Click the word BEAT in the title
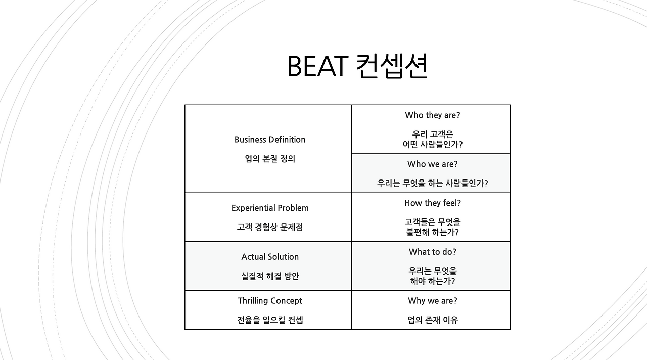(x=317, y=66)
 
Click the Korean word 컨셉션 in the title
(x=392, y=66)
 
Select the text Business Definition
(x=270, y=140)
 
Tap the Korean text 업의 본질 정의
(x=270, y=159)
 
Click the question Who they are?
(x=433, y=115)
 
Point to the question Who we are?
(x=433, y=164)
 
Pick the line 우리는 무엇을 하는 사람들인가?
(x=433, y=184)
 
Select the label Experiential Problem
(x=270, y=208)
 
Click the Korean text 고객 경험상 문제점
(x=270, y=228)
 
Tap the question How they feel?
(x=433, y=203)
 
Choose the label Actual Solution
(x=270, y=257)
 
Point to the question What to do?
(x=433, y=252)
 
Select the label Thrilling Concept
(x=270, y=301)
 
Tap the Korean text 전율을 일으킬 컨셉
(x=270, y=320)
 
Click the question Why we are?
(x=433, y=301)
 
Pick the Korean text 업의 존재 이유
(x=433, y=320)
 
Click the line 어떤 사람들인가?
(x=433, y=144)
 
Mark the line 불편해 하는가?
(x=433, y=232)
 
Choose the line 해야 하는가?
(x=433, y=281)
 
